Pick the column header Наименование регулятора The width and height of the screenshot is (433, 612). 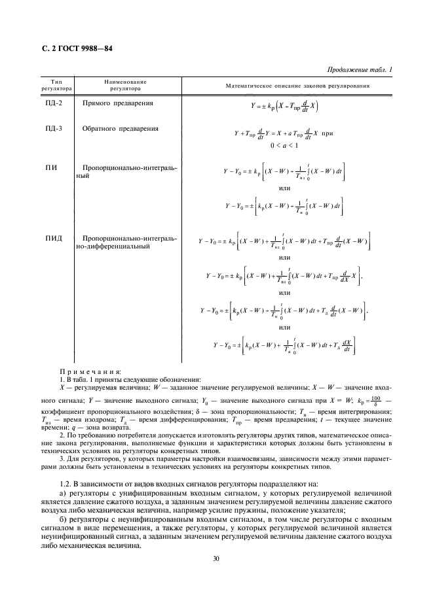point(125,85)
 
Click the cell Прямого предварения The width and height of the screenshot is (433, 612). point(118,104)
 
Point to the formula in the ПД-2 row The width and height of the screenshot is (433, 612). point(285,105)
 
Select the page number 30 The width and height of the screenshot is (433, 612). point(216,558)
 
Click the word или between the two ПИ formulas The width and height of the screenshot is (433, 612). point(284,188)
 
